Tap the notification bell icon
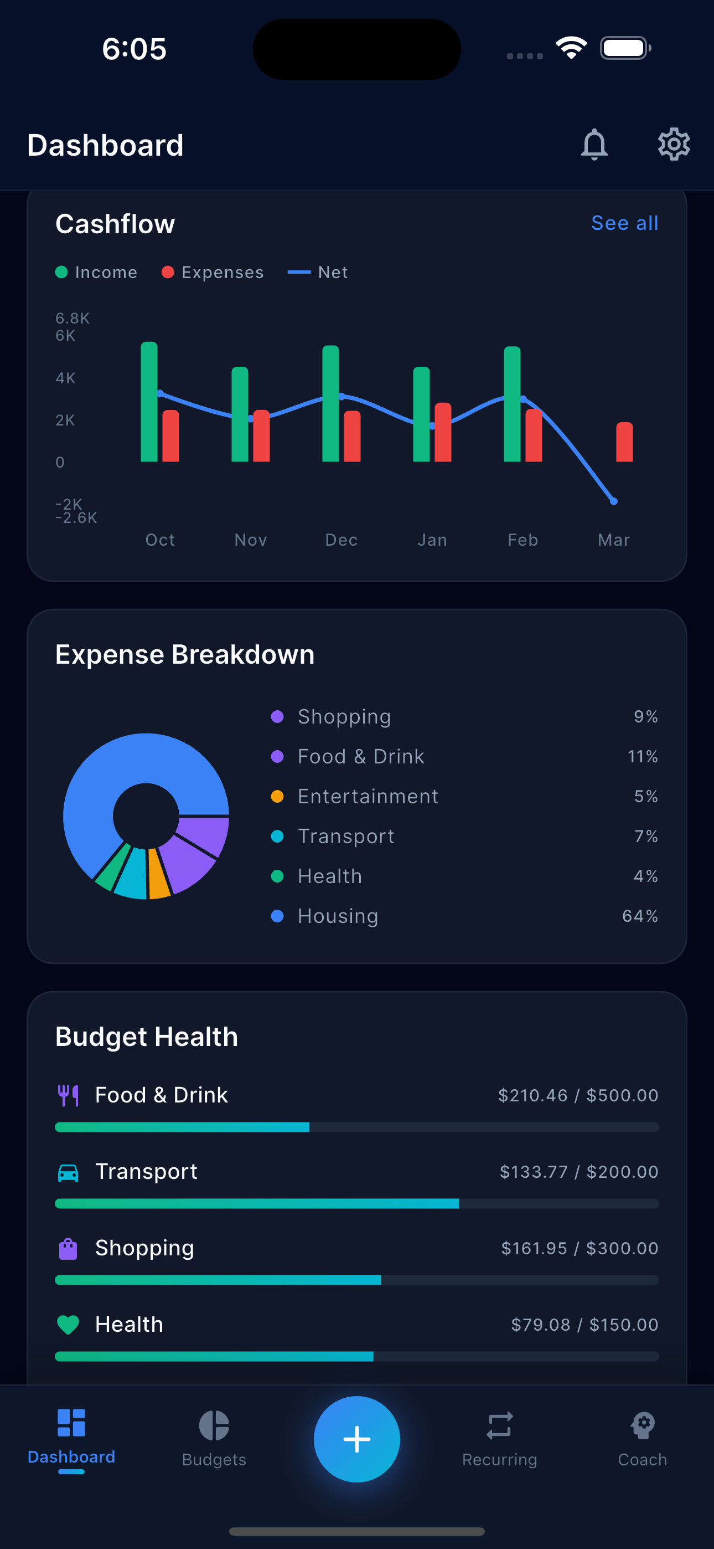coord(594,144)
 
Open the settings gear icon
coord(673,144)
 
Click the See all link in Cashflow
coord(624,223)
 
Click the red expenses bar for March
coord(624,442)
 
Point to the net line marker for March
coord(614,501)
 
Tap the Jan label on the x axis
coord(432,540)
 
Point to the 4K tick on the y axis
coord(65,378)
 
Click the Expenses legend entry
coord(213,273)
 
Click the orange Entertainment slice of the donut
coord(159,874)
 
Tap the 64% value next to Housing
coord(639,916)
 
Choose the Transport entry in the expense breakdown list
coord(345,837)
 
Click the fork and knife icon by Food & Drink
coord(68,1095)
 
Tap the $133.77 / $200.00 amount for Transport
coord(579,1171)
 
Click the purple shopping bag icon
coord(68,1248)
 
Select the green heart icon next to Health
coord(68,1325)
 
